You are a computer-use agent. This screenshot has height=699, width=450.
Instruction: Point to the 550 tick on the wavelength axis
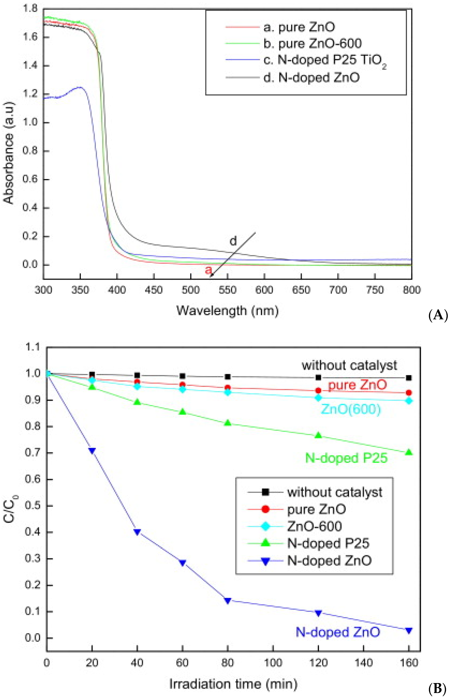227,290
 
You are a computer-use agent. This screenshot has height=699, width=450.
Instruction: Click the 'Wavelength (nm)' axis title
227,310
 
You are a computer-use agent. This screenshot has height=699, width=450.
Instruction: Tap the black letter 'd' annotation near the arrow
233,241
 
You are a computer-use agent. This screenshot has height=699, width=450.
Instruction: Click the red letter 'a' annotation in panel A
208,270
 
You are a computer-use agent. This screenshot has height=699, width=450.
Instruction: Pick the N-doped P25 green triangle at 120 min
318,435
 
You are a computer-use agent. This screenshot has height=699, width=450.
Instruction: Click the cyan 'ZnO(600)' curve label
351,409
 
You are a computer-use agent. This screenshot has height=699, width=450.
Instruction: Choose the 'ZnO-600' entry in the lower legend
314,526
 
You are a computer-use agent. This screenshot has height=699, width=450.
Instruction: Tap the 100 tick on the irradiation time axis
273,663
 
